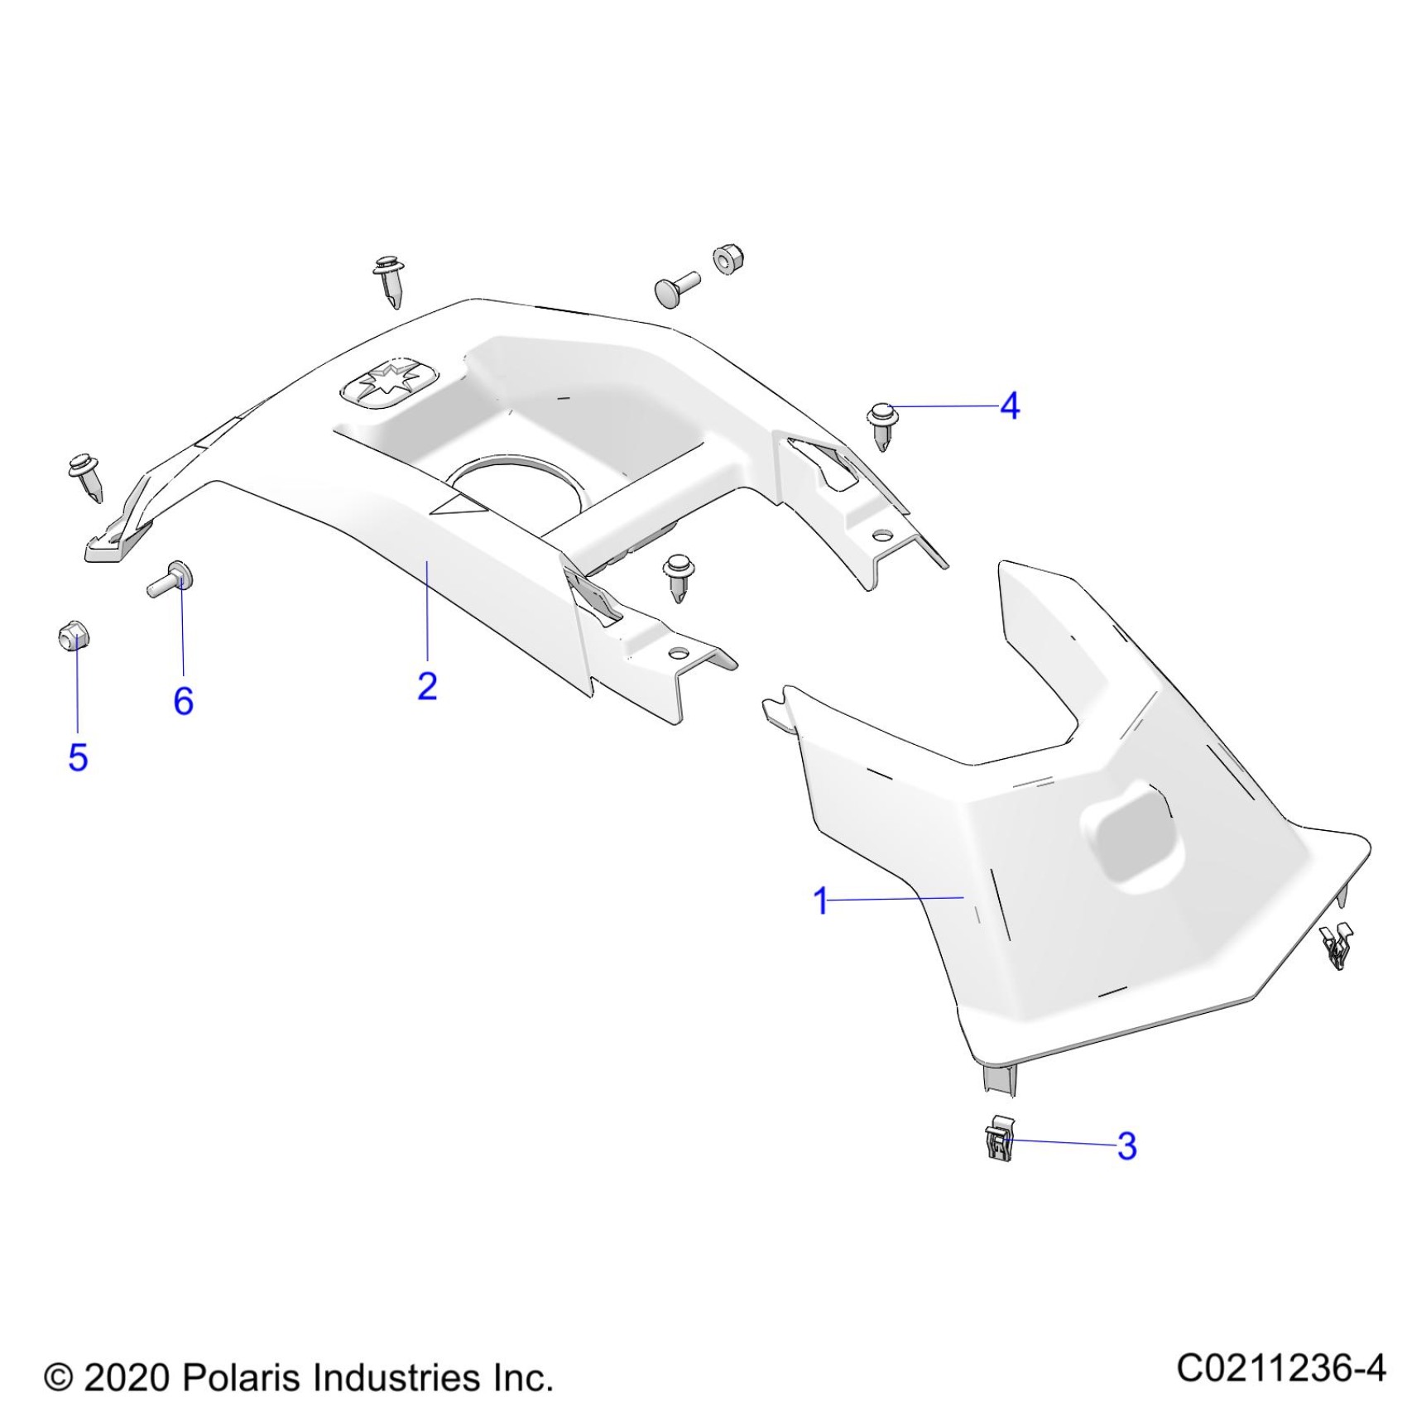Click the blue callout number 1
[x=820, y=900]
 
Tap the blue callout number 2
[x=427, y=686]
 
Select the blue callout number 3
[x=1126, y=1146]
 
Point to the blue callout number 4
[x=1010, y=406]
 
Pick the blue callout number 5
[x=78, y=757]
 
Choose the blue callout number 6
[x=183, y=701]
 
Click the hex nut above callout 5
[x=74, y=637]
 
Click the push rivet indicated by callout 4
[x=882, y=423]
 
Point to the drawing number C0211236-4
[x=1280, y=1367]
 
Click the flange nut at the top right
[x=728, y=259]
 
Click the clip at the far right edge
[x=1336, y=946]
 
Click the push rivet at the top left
[x=391, y=280]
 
